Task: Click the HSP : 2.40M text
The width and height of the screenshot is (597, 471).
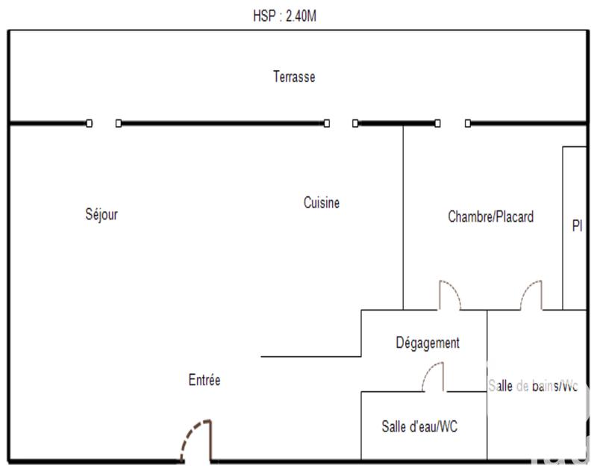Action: [285, 15]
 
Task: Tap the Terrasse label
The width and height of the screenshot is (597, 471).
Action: [294, 77]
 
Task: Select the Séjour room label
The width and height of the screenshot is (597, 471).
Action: [101, 215]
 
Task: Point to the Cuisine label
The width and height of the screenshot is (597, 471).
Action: [322, 202]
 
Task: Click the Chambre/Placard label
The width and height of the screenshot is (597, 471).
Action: [490, 217]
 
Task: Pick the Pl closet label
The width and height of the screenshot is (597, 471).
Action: [576, 225]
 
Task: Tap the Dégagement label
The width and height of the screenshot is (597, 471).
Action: [428, 343]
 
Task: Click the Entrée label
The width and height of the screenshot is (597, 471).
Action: [204, 380]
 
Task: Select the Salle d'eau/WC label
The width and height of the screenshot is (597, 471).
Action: [419, 427]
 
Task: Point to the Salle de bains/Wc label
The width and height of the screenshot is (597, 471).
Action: [533, 386]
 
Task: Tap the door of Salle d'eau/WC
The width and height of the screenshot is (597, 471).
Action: [434, 374]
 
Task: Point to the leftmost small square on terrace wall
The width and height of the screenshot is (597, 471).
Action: [90, 123]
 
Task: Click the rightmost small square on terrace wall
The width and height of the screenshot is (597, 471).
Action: [468, 123]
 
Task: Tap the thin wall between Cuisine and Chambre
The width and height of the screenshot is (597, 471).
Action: [404, 216]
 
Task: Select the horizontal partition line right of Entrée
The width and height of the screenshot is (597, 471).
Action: [310, 356]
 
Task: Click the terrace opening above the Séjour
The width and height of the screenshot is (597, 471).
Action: [104, 123]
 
